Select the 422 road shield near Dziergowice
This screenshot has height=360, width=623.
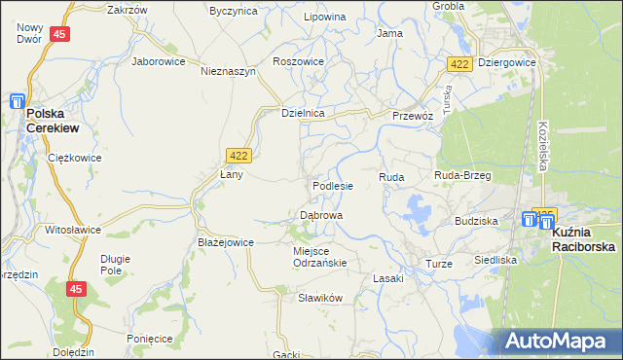point(460,63)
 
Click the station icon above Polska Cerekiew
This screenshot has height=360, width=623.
point(18,100)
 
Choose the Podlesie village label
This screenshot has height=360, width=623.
point(333,185)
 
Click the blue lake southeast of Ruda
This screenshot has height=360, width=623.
point(418,207)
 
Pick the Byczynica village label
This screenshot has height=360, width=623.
point(234,11)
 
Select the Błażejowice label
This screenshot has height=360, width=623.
point(226,242)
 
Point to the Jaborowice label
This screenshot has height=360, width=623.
point(159,60)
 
